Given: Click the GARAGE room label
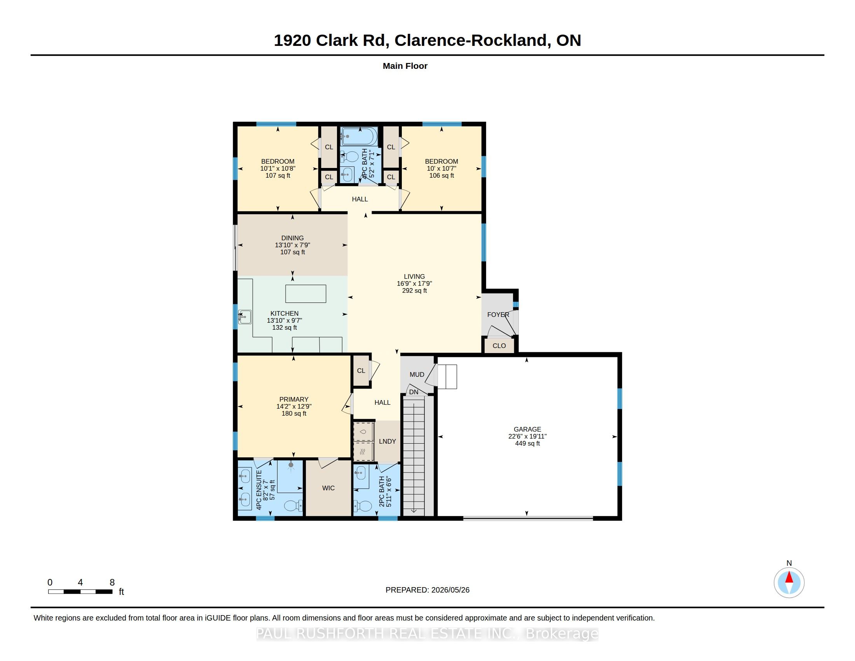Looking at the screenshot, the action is coord(527,429).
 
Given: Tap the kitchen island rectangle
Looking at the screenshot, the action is coord(305,294).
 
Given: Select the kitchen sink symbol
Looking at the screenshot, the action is coord(245,317).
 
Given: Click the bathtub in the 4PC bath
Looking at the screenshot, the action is coord(359,136).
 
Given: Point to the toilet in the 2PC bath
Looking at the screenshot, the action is coord(363,506).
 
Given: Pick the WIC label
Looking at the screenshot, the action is coord(328,488).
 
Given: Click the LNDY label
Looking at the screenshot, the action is coord(387,441).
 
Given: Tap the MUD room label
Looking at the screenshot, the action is coord(417,374).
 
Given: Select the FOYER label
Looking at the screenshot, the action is coord(498,315).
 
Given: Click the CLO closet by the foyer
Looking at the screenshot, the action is coord(499,346).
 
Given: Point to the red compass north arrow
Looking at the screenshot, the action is coord(789,577).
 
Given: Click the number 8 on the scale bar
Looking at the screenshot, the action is coord(112,582).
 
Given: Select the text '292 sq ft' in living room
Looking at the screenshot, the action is coord(414,290).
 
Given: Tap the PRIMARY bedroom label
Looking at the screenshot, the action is coord(293,399).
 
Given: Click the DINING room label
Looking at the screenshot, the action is coord(292,238).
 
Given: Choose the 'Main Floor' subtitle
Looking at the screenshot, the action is coord(405,66).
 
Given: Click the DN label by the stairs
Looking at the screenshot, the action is coord(414,392).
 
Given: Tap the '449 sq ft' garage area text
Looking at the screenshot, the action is coord(527,443).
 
